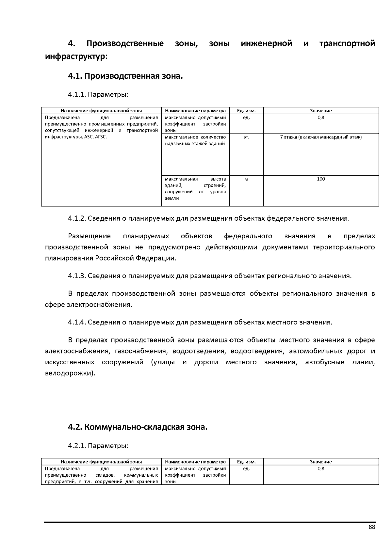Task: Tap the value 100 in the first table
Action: pyautogui.click(x=321, y=179)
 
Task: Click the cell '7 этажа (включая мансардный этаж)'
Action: pyautogui.click(x=321, y=137)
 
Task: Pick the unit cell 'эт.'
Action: pyautogui.click(x=246, y=137)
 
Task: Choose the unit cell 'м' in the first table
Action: pyautogui.click(x=246, y=179)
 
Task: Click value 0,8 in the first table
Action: pyautogui.click(x=321, y=118)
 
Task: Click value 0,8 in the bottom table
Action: pyautogui.click(x=321, y=468)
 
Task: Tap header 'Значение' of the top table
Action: pyautogui.click(x=321, y=111)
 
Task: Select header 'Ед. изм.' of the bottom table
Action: pyautogui.click(x=246, y=462)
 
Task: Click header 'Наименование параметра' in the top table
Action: pyautogui.click(x=195, y=111)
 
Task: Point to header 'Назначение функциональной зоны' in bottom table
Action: pyautogui.click(x=101, y=462)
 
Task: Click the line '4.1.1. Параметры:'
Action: pyautogui.click(x=98, y=95)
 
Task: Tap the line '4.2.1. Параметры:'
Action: pyautogui.click(x=98, y=446)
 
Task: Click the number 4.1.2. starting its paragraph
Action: pyautogui.click(x=77, y=218)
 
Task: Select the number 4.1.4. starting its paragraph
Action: pyautogui.click(x=77, y=322)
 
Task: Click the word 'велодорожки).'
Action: pyautogui.click(x=70, y=373)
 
